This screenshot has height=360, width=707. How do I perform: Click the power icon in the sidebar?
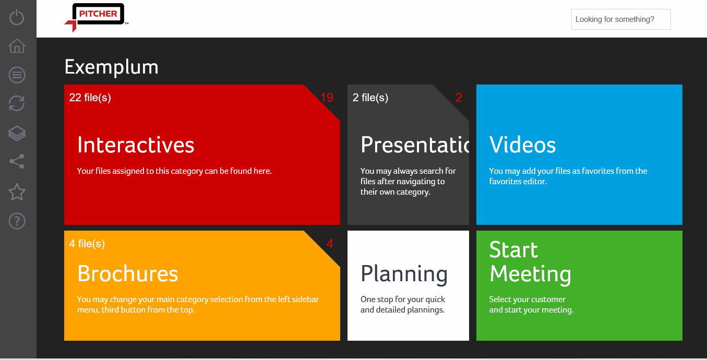[x=17, y=17]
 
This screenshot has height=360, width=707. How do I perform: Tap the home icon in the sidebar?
[x=17, y=46]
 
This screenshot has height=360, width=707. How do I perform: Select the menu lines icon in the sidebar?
[x=17, y=75]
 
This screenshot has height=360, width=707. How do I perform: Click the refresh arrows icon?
[x=17, y=103]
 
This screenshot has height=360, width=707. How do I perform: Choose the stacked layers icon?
[x=17, y=133]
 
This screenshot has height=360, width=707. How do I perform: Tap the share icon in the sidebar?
[x=17, y=162]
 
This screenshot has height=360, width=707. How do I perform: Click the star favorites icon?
[x=17, y=192]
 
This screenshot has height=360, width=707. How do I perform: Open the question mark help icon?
[x=17, y=221]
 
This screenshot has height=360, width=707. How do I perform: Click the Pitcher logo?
[x=97, y=17]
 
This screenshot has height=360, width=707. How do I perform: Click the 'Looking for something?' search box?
[x=620, y=19]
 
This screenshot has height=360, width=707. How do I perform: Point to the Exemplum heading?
[x=111, y=67]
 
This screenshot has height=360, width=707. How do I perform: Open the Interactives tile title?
[x=136, y=145]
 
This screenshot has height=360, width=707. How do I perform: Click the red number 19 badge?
[x=327, y=98]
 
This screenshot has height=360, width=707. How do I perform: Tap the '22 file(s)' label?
[x=90, y=98]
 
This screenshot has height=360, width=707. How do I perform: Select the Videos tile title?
[x=522, y=145]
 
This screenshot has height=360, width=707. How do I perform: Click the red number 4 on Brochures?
[x=330, y=244]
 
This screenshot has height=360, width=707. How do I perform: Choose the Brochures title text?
[x=128, y=274]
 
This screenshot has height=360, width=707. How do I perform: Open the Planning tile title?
[x=404, y=274]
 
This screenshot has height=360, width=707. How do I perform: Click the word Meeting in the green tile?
[x=530, y=274]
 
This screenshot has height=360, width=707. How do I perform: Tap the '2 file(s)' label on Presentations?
[x=370, y=98]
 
